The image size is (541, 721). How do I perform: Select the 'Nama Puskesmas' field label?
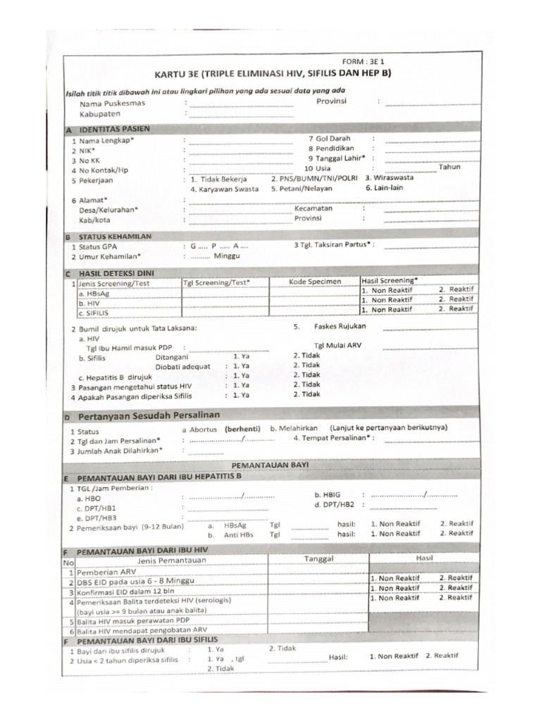click(112, 103)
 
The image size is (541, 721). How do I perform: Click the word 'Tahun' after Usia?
click(449, 167)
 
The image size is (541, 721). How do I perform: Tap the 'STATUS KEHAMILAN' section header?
click(116, 237)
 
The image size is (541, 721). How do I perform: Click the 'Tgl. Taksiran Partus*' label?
click(333, 246)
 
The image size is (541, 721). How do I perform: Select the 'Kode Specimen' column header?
click(315, 282)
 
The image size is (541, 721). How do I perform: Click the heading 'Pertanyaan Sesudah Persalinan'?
click(149, 415)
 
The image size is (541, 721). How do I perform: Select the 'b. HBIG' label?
click(328, 495)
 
